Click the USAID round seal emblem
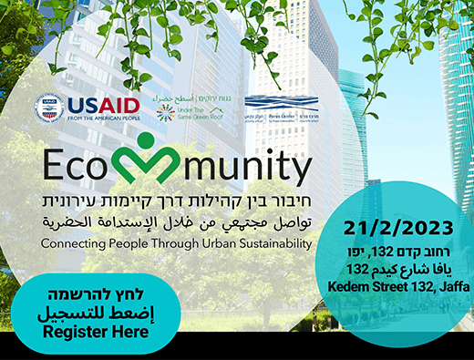[47, 108]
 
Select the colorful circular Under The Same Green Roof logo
[165, 112]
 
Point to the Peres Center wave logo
[269, 103]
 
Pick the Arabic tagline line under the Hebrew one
[173, 223]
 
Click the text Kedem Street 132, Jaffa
[402, 288]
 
